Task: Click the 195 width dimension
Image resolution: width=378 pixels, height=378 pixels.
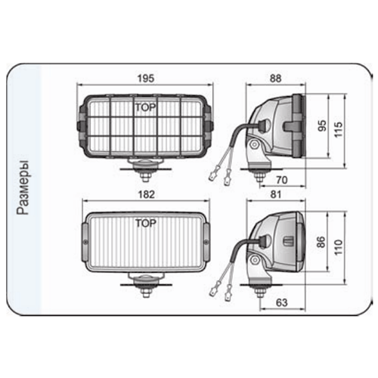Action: pos(146,79)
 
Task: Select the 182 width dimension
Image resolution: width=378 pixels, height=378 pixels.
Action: pos(147,194)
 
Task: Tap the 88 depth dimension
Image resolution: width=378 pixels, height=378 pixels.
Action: pos(275,79)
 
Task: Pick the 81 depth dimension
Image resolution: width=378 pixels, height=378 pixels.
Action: pos(275,194)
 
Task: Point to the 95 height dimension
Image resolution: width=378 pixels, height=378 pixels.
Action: pos(322,125)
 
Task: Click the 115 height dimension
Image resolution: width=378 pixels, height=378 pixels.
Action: pos(339,129)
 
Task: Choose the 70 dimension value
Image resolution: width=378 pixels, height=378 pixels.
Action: pos(282,180)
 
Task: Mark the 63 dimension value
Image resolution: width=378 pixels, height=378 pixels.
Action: pos(282,302)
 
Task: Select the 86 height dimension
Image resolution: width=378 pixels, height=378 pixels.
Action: pos(322,242)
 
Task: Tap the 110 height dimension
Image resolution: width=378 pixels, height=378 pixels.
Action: pos(339,247)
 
